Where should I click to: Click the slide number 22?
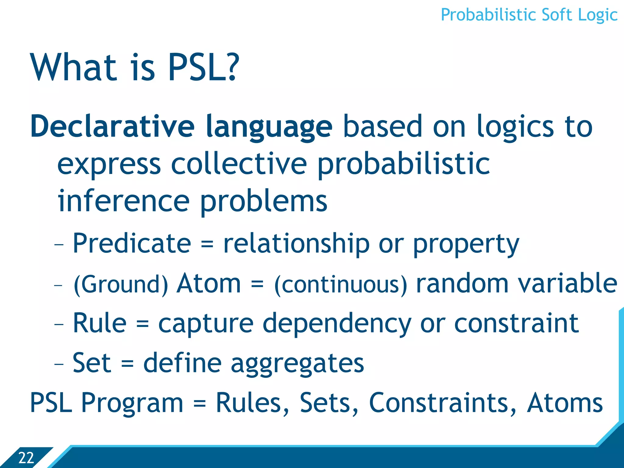[26, 458]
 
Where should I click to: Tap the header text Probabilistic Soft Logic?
[529, 15]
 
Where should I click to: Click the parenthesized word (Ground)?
[121, 285]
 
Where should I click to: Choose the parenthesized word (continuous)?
[341, 285]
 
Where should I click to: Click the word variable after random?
[568, 283]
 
